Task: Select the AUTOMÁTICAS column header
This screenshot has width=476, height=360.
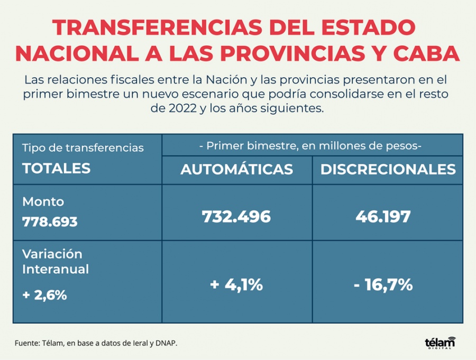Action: pos(236,169)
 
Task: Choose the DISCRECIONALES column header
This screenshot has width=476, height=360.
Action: pos(388,169)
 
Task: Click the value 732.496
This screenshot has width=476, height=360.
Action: pos(236,217)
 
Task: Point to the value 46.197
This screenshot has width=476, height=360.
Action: pos(388,217)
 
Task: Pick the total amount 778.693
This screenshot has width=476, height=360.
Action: pos(50,222)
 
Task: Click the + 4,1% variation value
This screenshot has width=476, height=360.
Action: pos(236,285)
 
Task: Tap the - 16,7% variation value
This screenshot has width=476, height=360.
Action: pos(383,285)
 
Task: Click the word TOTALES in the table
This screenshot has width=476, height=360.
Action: pos(56,169)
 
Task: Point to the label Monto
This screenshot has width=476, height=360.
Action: pos(43,202)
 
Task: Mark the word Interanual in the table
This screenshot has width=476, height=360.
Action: pos(55,269)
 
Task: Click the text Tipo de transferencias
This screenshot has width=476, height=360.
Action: pos(83,148)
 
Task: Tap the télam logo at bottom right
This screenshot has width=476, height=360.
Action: pos(440,343)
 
